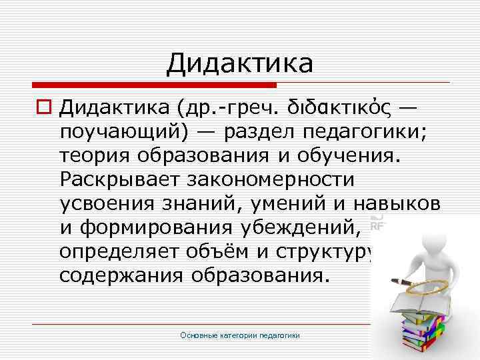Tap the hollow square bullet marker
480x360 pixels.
click(x=43, y=107)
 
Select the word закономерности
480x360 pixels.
click(x=274, y=179)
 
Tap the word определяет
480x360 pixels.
click(x=119, y=252)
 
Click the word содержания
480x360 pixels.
click(x=117, y=275)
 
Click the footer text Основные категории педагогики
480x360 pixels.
click(x=240, y=335)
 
